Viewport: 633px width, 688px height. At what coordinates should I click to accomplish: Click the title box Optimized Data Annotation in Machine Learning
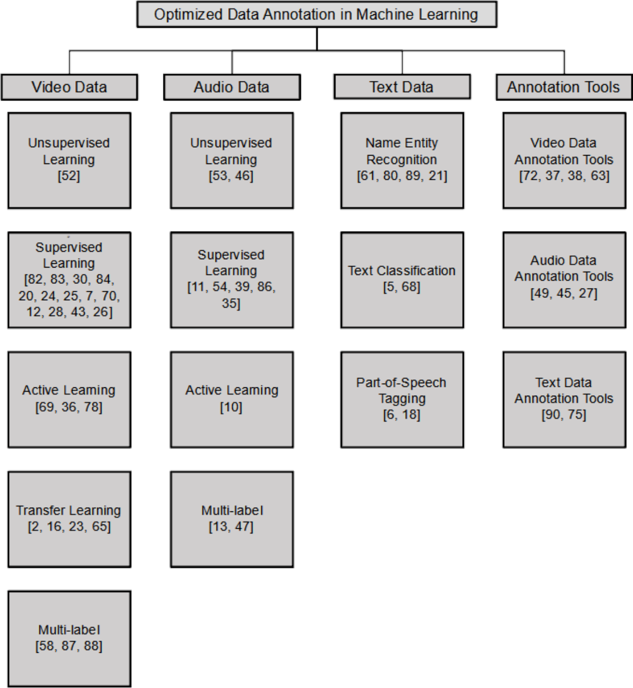point(316,14)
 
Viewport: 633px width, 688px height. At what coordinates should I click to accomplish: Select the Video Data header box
point(69,87)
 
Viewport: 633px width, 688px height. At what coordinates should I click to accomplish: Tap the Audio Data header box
point(232,87)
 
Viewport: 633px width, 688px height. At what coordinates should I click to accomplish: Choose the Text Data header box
point(402,87)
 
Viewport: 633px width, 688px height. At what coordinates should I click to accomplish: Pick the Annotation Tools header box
point(564,87)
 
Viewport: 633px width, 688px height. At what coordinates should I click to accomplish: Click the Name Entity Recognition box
point(402,160)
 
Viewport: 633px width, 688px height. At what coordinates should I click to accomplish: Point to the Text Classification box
point(402,280)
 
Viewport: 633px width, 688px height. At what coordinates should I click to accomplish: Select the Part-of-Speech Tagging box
point(402,399)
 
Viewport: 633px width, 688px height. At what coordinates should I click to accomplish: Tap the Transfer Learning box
point(69,519)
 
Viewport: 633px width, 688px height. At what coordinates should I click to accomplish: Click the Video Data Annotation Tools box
point(564,160)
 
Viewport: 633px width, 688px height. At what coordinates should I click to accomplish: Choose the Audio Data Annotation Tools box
point(564,280)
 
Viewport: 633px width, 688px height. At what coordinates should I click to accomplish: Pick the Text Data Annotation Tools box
point(564,399)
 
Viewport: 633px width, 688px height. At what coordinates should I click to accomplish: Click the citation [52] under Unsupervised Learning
point(69,176)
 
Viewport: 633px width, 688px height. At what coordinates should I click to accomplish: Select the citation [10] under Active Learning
point(231,407)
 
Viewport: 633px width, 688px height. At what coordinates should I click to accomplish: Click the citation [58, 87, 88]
point(69,646)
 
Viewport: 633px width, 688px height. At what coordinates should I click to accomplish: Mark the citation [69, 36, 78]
point(69,407)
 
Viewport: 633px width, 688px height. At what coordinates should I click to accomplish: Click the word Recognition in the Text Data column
point(402,160)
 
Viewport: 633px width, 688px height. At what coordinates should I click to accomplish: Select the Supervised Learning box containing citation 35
point(232,280)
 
